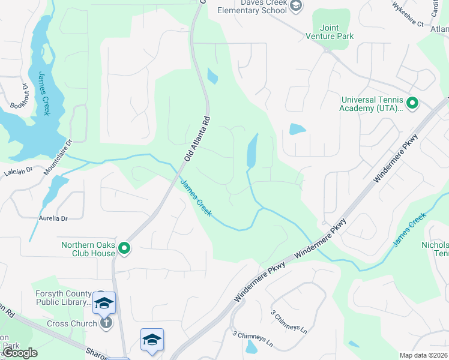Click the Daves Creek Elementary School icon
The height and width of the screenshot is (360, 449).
295,5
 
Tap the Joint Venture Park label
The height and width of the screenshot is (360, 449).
337,32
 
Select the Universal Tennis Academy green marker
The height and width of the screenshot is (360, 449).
412,104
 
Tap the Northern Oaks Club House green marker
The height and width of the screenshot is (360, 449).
124,247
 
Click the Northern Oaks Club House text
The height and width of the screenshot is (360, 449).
88,248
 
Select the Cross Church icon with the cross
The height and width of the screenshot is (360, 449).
106,323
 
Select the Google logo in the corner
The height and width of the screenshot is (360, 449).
20,353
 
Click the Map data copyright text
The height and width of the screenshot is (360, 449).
423,355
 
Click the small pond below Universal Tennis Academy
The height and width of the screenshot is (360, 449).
297,129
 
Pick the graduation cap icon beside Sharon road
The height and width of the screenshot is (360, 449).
152,340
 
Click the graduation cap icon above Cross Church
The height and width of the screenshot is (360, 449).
104,302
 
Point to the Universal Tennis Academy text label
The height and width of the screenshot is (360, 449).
373,104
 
